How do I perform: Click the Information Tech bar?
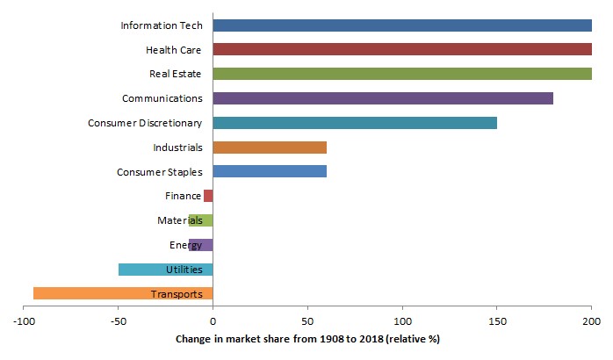tap(401, 25)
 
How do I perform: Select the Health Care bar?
tap(401, 50)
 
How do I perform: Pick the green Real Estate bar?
tap(401, 74)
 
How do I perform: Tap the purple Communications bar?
tap(383, 98)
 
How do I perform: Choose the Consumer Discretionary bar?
tap(355, 123)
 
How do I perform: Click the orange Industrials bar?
tap(270, 148)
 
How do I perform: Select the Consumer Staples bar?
tap(270, 171)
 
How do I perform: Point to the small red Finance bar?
tap(208, 196)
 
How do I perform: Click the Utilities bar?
tap(165, 270)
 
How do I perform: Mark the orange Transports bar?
tap(123, 293)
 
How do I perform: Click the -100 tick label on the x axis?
tap(24, 323)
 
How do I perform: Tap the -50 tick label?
tap(118, 323)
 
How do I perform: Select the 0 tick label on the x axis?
tap(213, 323)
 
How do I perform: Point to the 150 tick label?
tap(496, 323)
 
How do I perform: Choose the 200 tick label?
tap(591, 323)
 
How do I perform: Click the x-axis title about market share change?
tap(307, 340)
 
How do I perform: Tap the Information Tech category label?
tap(161, 25)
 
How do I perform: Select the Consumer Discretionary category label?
tap(145, 123)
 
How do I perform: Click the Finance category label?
tap(184, 196)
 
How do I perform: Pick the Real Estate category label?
tap(176, 74)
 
